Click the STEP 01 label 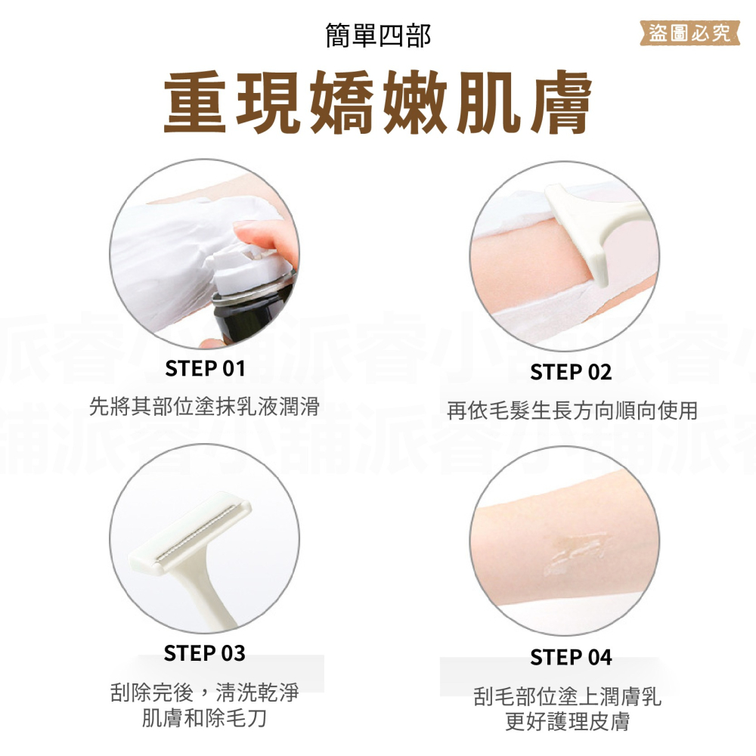[205, 369]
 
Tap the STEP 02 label [571, 373]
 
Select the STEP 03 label [205, 653]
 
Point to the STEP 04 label [571, 658]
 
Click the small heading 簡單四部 [378, 36]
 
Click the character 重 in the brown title [194, 103]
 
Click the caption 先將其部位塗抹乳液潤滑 [204, 407]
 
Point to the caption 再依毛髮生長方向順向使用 [572, 411]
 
